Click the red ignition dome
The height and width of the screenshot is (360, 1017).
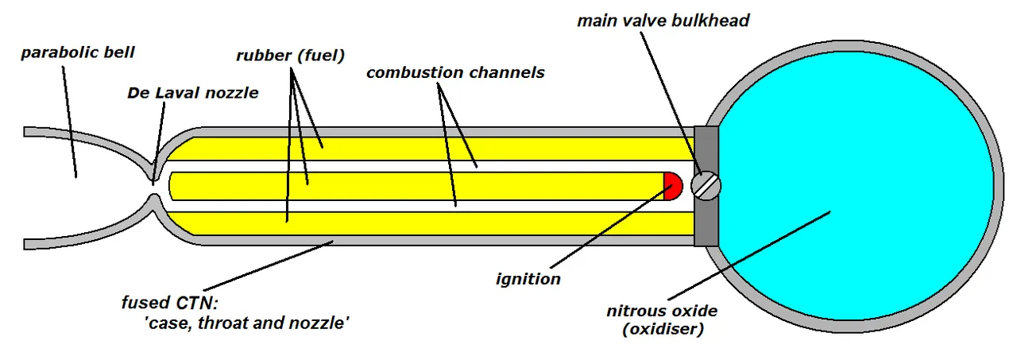[x=674, y=186]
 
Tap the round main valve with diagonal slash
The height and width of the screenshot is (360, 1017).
[x=706, y=186]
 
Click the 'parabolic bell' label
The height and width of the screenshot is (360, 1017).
[x=78, y=52]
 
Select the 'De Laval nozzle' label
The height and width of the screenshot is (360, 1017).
[x=193, y=93]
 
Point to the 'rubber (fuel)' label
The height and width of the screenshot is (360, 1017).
[x=291, y=56]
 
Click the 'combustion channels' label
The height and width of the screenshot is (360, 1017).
[x=455, y=72]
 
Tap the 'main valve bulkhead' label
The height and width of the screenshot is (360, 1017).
[x=663, y=21]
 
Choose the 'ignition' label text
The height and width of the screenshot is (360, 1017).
[x=528, y=279]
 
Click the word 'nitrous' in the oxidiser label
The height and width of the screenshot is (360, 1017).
[x=634, y=311]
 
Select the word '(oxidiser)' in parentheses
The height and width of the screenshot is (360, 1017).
[x=663, y=329]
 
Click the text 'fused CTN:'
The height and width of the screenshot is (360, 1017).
[x=170, y=302]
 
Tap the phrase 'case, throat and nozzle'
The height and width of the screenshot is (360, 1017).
[x=247, y=323]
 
